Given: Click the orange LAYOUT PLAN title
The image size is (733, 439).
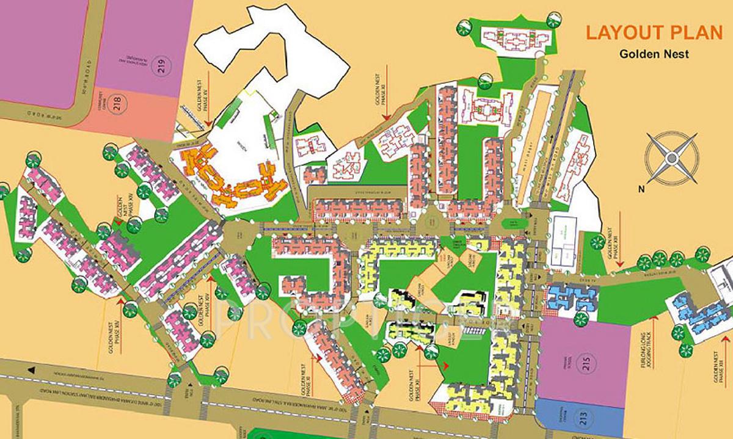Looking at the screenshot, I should pos(653,32).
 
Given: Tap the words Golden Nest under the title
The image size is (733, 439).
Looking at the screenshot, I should pos(654,54).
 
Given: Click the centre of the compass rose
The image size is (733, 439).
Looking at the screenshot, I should pos(672,159).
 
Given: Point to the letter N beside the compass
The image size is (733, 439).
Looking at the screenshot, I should pos(641,189).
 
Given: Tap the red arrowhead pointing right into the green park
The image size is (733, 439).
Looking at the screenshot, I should pos(447,366).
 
